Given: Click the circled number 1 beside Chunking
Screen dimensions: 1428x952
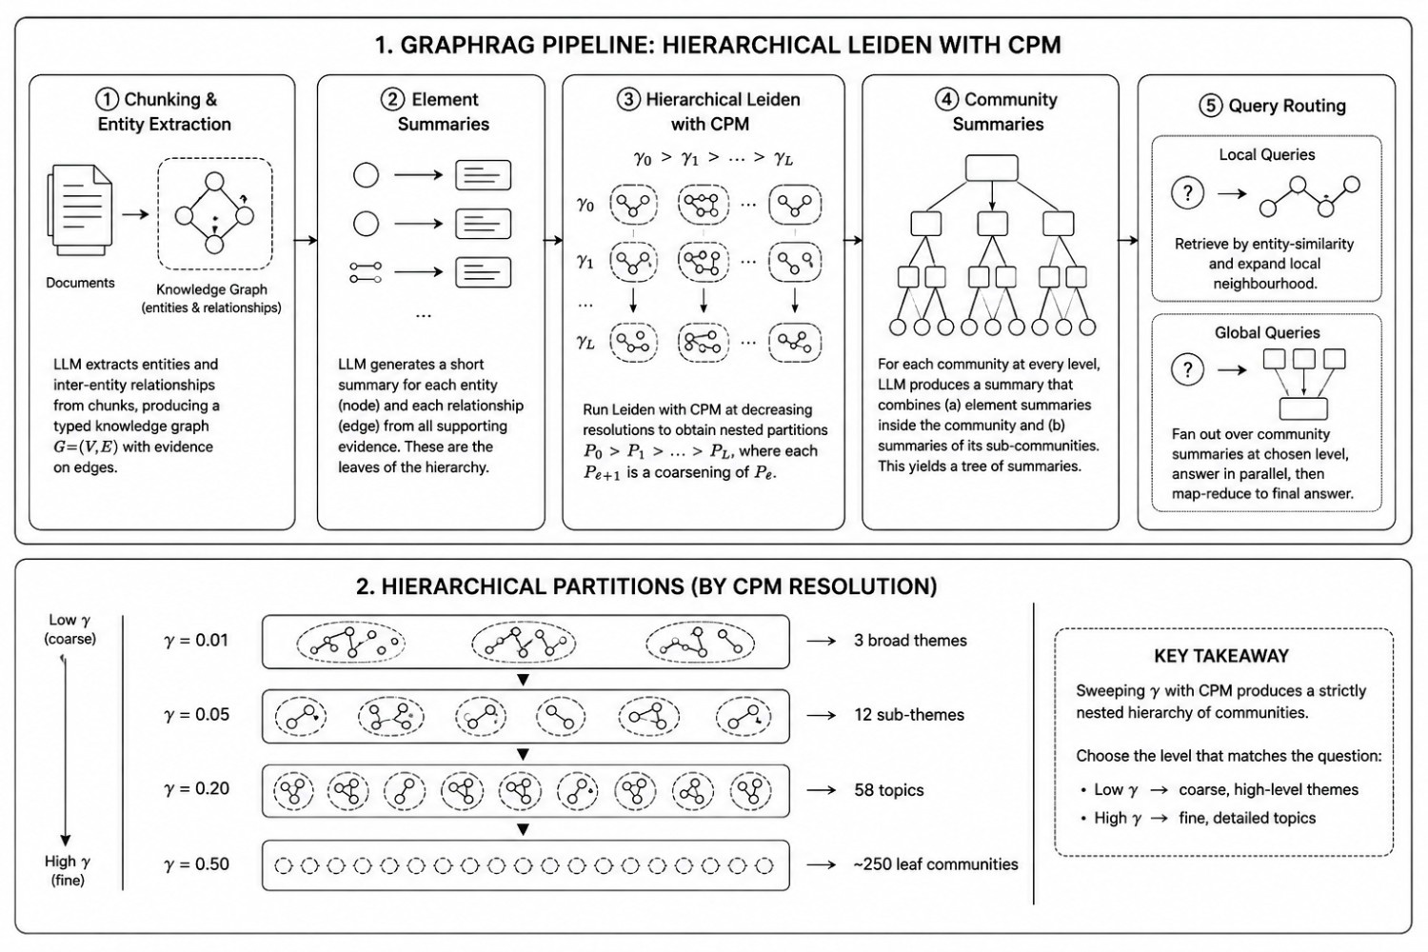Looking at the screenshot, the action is [x=107, y=99].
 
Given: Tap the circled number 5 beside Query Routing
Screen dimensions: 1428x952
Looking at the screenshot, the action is [x=1211, y=106].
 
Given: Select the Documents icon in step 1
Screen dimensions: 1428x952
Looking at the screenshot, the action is [x=80, y=210].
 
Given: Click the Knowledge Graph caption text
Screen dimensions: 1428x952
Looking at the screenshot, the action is [x=211, y=298].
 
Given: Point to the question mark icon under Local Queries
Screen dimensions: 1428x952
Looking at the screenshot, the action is [x=1188, y=192].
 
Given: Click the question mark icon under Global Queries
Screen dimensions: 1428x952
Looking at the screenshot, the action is [x=1188, y=369].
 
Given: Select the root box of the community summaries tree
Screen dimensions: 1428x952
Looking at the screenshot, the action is [x=992, y=168].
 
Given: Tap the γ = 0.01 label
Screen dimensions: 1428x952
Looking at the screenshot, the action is [x=196, y=640].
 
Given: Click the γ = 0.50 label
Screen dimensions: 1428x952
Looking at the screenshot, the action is [x=196, y=864].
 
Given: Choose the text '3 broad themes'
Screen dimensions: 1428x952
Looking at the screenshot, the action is [x=910, y=640].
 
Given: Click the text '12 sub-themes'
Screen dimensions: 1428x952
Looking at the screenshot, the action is [x=909, y=715].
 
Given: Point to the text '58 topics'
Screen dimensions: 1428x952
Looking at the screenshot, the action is [x=888, y=790].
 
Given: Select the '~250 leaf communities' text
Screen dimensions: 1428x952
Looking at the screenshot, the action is [x=936, y=864].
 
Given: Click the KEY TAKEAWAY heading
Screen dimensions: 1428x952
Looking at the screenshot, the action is [x=1221, y=656].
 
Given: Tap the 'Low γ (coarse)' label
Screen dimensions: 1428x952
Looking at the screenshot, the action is [x=70, y=628].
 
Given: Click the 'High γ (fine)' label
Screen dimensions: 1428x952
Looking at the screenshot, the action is [x=68, y=870].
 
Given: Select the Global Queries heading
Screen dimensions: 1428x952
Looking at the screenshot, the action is [x=1267, y=332].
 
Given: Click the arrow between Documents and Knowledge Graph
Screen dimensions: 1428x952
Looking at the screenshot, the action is [x=135, y=214].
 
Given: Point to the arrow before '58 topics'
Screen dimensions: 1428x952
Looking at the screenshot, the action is [x=822, y=790].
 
